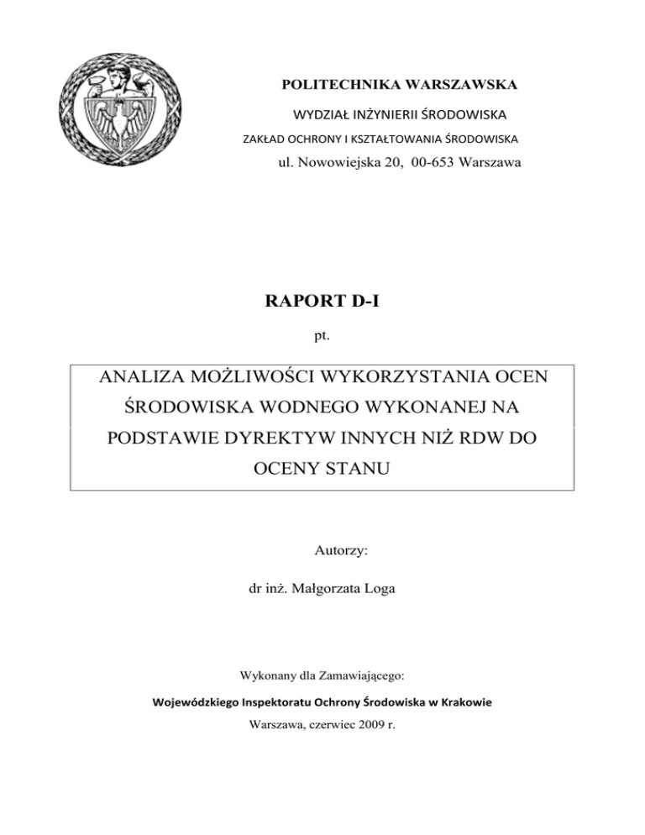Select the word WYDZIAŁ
[x=321, y=113]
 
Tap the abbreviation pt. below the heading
[x=322, y=334]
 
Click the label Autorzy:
[x=322, y=553]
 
